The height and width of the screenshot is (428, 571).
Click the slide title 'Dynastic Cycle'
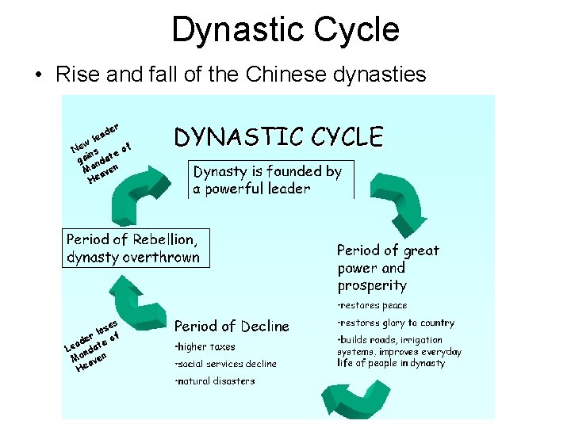click(285, 30)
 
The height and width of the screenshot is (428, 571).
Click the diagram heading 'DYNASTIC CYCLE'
click(278, 137)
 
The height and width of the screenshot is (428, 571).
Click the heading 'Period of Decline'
click(232, 326)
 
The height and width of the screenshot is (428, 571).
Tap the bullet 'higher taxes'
click(205, 346)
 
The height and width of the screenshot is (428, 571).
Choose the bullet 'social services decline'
click(226, 364)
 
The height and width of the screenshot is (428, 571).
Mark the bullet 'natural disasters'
click(216, 381)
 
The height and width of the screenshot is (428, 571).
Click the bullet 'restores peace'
click(373, 305)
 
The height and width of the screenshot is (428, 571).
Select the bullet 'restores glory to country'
click(397, 323)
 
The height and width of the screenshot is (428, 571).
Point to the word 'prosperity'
click(372, 285)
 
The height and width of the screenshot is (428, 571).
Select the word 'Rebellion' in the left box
click(164, 239)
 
